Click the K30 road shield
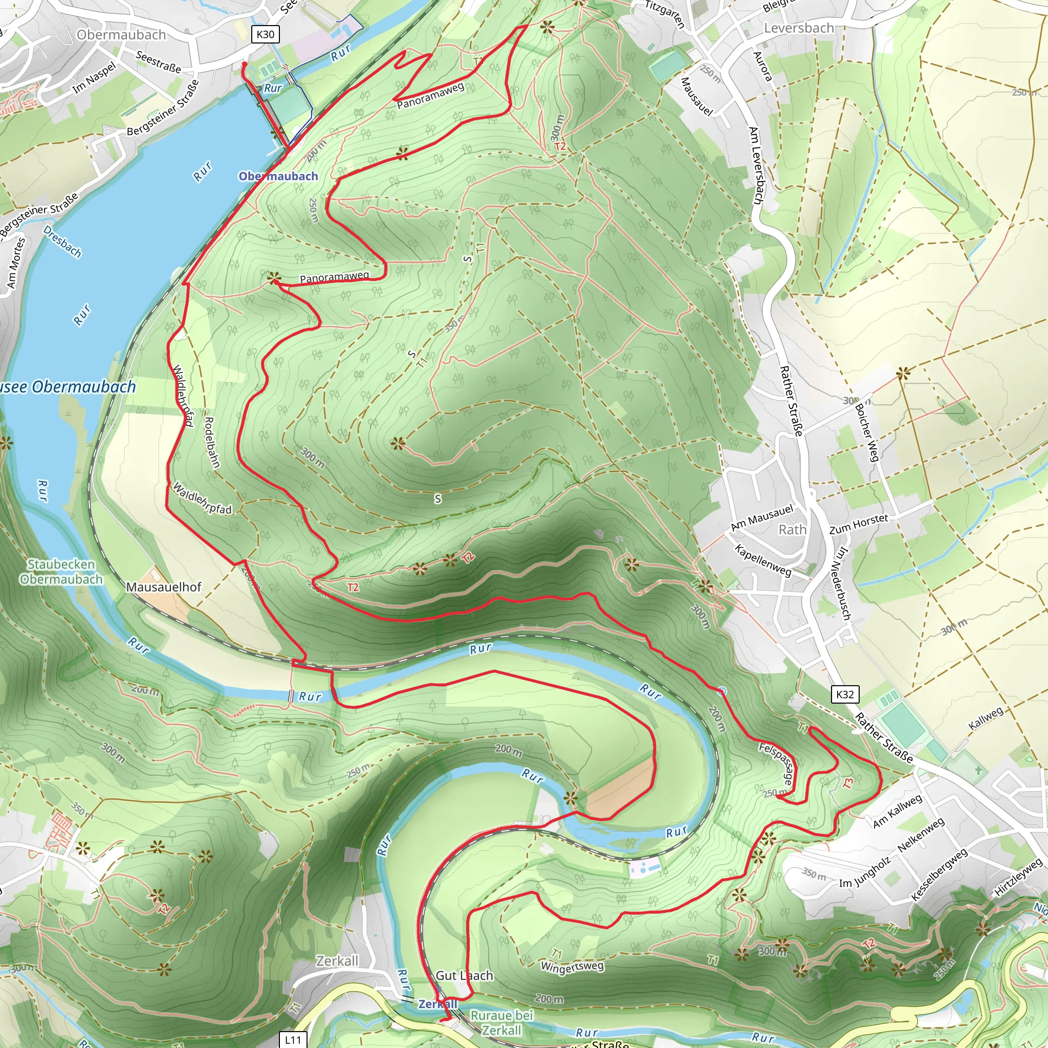265,34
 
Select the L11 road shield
293,1040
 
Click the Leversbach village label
798,28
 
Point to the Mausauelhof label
163,587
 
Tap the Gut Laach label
464,975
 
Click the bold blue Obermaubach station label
278,177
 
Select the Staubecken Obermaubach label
61,572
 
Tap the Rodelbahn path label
211,442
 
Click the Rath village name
792,530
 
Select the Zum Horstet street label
859,524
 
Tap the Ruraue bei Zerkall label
502,1022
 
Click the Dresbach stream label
62,242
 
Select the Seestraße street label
158,62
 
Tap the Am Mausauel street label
761,517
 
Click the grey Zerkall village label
337,960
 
